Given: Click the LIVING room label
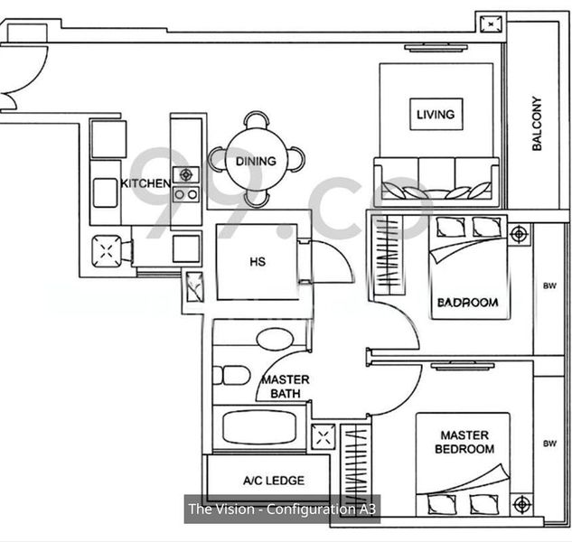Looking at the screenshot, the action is [x=436, y=114].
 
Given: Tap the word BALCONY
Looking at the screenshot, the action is [x=537, y=124].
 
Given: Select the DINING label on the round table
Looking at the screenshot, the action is [x=256, y=161].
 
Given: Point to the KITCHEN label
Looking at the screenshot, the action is [x=145, y=183].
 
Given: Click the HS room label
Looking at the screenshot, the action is [x=258, y=262].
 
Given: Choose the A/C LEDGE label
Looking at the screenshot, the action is [x=274, y=481].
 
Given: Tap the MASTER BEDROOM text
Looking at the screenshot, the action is [x=464, y=442].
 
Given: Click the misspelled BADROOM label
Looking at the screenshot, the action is [x=468, y=303].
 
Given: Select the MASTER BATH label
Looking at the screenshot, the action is [x=286, y=387].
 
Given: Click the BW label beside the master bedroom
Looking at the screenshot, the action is [x=550, y=444].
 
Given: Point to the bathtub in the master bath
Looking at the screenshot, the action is [x=259, y=427].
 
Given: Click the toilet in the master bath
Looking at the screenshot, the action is [x=231, y=376].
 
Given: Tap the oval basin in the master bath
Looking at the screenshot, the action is [x=275, y=340].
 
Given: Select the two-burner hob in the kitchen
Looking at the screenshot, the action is [x=186, y=194].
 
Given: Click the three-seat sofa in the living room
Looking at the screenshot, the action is [x=436, y=179].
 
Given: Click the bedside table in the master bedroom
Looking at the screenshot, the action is [x=522, y=504].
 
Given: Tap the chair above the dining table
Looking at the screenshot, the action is [x=257, y=120].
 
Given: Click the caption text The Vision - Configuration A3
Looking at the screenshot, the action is [x=282, y=509].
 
